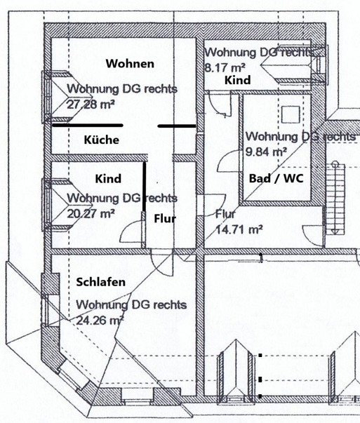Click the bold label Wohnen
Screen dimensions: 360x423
(x=130, y=64)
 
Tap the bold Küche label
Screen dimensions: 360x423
(x=102, y=140)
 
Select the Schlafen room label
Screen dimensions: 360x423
(x=100, y=282)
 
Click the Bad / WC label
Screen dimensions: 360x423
(x=276, y=179)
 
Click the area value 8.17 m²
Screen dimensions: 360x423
(x=225, y=67)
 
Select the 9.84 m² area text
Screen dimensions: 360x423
(x=266, y=152)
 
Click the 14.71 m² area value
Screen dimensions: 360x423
(x=239, y=230)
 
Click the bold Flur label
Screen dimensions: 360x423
(x=165, y=218)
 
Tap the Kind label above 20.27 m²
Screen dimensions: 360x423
(x=108, y=179)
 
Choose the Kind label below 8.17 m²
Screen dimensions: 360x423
(x=237, y=80)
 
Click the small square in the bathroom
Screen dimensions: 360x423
(x=291, y=114)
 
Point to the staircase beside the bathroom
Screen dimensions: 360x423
(x=335, y=199)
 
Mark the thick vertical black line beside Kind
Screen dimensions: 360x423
(x=145, y=187)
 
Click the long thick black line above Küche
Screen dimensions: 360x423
(x=88, y=126)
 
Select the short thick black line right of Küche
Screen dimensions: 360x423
(x=177, y=126)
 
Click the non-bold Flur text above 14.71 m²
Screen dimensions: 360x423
(x=225, y=215)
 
